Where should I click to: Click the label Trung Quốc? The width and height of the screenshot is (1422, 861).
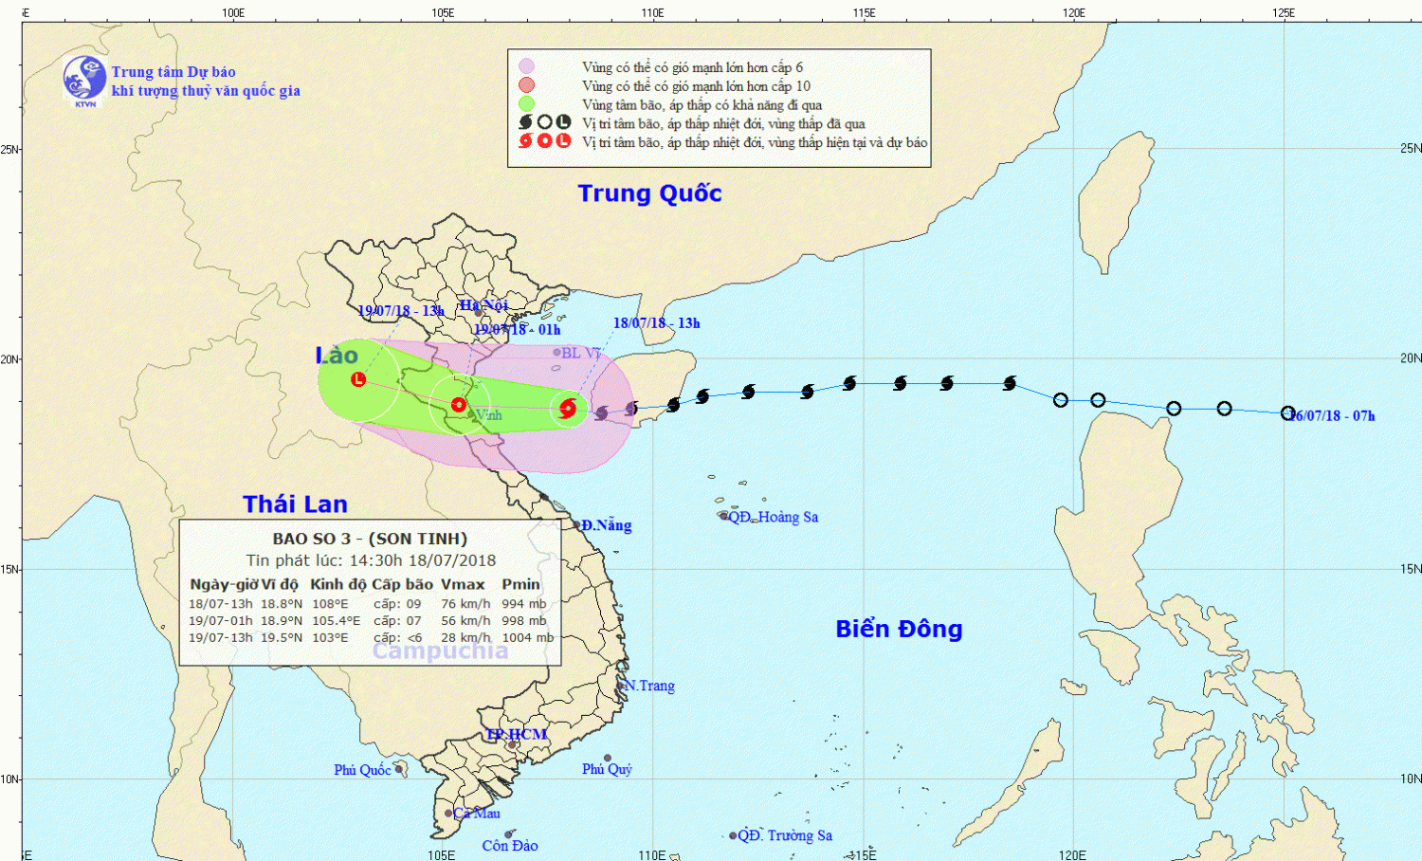coord(649,193)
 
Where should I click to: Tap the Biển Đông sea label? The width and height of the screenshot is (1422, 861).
coord(899,629)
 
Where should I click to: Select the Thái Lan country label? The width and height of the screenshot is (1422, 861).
coord(295,504)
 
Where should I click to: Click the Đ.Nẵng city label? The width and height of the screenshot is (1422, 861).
coord(606,525)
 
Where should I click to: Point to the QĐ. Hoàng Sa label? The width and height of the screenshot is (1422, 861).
coord(773,517)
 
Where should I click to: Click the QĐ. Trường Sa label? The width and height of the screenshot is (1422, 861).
coord(785,835)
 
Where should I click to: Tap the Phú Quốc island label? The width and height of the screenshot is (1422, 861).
coord(362,770)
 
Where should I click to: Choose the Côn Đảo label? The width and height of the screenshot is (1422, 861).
coord(509,846)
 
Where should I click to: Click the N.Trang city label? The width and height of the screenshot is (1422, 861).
coord(649,686)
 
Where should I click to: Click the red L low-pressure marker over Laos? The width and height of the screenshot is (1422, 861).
coord(358,379)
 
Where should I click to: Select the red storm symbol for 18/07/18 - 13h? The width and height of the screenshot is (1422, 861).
coord(568,409)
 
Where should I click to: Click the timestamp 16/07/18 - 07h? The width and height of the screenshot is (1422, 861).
coord(1332,416)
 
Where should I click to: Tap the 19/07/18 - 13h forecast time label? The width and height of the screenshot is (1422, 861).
coord(400,311)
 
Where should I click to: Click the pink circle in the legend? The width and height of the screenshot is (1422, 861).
coord(526,66)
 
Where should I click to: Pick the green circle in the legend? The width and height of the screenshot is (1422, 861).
coord(526,103)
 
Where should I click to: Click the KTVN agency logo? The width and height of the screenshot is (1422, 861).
coord(84,80)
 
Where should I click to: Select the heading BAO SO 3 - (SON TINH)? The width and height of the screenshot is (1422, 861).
coord(370,539)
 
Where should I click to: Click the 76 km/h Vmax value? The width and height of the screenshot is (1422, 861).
coord(465,604)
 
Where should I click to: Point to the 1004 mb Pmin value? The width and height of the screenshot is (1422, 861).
coord(527,638)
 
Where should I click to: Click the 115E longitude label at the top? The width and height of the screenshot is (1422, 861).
coord(864,13)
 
